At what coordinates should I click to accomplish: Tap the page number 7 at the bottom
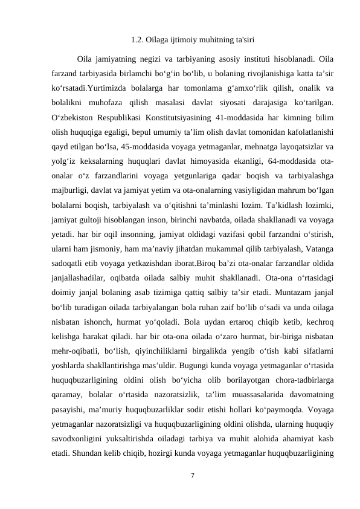[191, 475]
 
